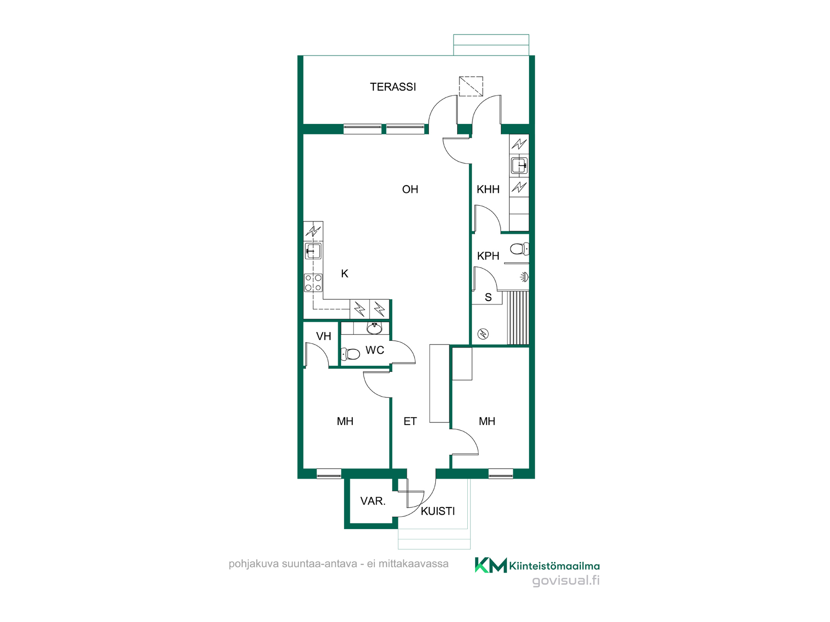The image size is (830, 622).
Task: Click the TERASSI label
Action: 393,87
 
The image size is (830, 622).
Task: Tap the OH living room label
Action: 410,189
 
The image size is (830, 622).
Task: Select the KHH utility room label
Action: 488,189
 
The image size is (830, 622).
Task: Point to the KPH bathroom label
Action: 488,256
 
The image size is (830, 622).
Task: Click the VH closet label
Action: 323,336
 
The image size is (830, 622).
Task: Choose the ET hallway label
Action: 410,421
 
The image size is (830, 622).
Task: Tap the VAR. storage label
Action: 373,501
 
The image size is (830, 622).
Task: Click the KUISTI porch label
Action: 438,511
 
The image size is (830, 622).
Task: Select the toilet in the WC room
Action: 351,354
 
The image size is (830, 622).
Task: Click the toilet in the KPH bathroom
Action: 519,249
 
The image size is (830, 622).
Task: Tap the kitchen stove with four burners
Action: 313,283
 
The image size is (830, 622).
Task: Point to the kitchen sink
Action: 313,251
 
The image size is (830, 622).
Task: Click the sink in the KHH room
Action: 519,165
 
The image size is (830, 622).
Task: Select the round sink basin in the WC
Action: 374,328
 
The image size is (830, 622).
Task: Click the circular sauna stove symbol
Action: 483,334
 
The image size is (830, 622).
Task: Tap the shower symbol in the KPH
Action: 524,277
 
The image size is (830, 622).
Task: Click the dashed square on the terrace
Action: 471,86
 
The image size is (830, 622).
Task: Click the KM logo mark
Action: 491,565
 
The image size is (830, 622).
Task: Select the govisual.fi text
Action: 566,581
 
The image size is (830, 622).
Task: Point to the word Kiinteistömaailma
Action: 555,566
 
